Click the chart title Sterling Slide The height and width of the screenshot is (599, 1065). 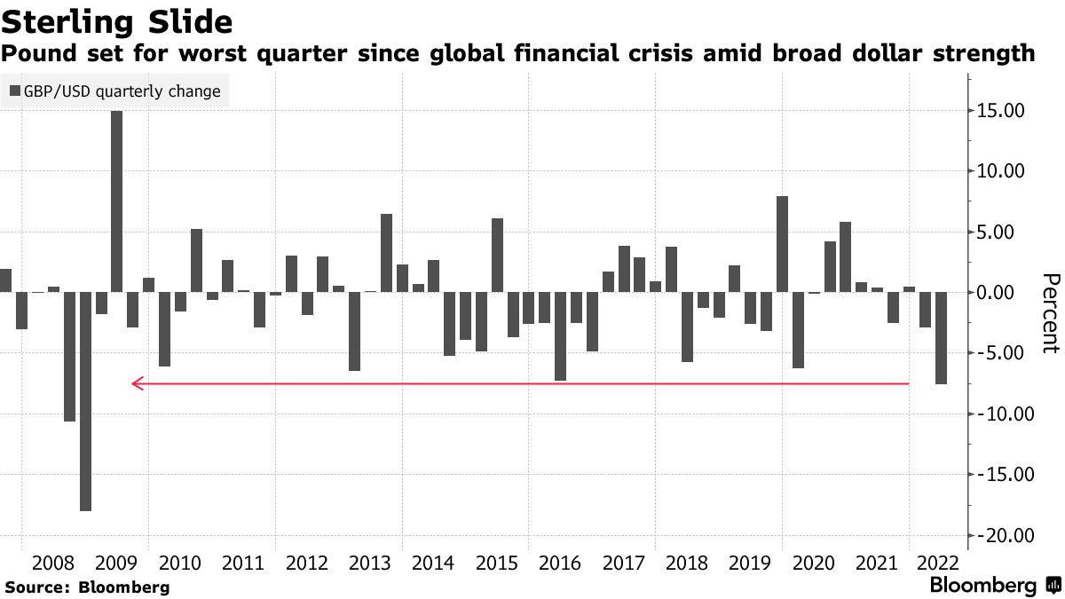(x=117, y=20)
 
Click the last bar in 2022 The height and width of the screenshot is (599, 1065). (x=941, y=338)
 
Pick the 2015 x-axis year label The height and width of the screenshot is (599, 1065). (x=496, y=563)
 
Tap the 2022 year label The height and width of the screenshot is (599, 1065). (x=938, y=563)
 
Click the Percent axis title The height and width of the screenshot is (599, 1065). (x=1050, y=314)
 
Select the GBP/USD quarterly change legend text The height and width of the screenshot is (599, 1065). (x=122, y=91)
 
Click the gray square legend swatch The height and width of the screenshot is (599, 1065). (x=15, y=91)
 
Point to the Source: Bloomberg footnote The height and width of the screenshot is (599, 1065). (x=87, y=587)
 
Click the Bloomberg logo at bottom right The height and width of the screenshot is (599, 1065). (x=982, y=586)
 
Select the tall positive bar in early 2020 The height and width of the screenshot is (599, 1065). (x=782, y=244)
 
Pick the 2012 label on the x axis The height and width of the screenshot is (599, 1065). (x=307, y=563)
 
